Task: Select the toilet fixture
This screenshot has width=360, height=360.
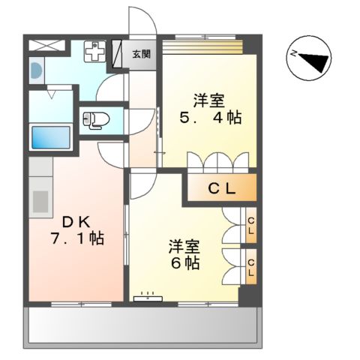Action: click(x=96, y=118)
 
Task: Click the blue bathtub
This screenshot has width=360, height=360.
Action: click(x=50, y=138)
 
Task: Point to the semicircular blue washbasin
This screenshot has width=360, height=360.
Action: click(x=35, y=72)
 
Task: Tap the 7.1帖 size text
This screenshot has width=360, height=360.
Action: click(x=76, y=239)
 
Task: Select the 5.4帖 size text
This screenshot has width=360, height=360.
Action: click(x=209, y=118)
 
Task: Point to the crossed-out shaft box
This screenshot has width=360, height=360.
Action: click(x=44, y=43)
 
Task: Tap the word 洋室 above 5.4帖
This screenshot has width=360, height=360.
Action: click(x=208, y=99)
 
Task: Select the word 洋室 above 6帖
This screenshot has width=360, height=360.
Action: click(x=184, y=245)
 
